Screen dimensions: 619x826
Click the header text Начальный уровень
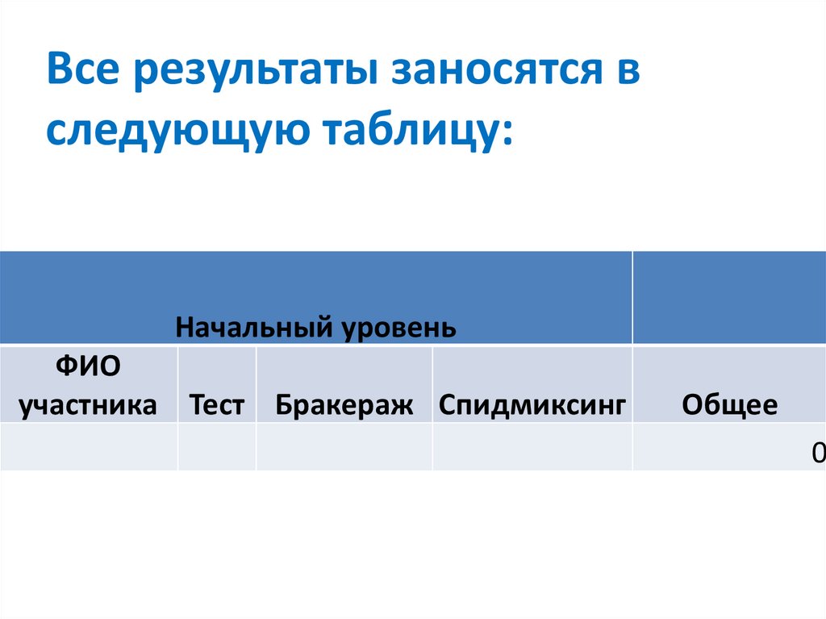(x=316, y=328)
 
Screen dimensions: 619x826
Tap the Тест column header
(x=216, y=404)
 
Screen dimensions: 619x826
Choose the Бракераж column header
(x=344, y=404)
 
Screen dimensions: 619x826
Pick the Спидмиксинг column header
(x=532, y=404)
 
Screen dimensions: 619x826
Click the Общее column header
(x=729, y=404)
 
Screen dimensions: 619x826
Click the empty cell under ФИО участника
(x=88, y=447)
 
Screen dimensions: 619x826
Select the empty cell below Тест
(x=216, y=447)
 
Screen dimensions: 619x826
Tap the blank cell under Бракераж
(x=344, y=447)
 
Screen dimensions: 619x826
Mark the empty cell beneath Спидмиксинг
(x=532, y=447)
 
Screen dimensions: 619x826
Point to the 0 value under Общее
(x=819, y=454)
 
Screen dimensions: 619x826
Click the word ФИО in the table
(x=88, y=367)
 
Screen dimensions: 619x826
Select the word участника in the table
(x=88, y=404)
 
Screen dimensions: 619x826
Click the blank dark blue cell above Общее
(x=729, y=297)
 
